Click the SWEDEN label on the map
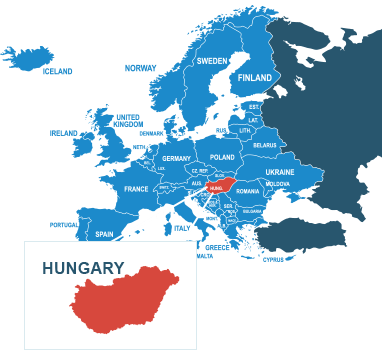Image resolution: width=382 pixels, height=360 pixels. [x=212, y=61]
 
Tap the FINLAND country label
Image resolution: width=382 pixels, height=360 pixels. [x=255, y=78]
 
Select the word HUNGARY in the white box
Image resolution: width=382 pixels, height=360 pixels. [x=83, y=268]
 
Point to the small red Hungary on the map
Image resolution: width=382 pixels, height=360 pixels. [x=221, y=186]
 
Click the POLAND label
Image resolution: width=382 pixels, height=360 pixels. [x=222, y=157]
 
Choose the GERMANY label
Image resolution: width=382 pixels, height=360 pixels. [x=176, y=159]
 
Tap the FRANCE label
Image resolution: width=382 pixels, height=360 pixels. [x=136, y=189]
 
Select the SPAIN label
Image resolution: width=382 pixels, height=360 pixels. [x=104, y=234]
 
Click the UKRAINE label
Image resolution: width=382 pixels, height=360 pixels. [x=280, y=172]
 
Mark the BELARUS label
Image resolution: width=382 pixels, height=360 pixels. [x=265, y=145]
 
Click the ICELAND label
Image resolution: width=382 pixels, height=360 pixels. [x=57, y=71]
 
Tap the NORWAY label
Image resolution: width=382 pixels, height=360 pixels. [x=140, y=67]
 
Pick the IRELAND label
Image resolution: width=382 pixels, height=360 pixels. [x=64, y=132]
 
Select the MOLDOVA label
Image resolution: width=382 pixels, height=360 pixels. [x=278, y=184]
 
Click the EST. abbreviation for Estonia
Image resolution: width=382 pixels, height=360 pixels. [x=254, y=106]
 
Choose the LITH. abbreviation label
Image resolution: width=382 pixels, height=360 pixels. [x=245, y=131]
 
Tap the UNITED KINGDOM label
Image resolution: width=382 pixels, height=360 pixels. [x=128, y=120]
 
